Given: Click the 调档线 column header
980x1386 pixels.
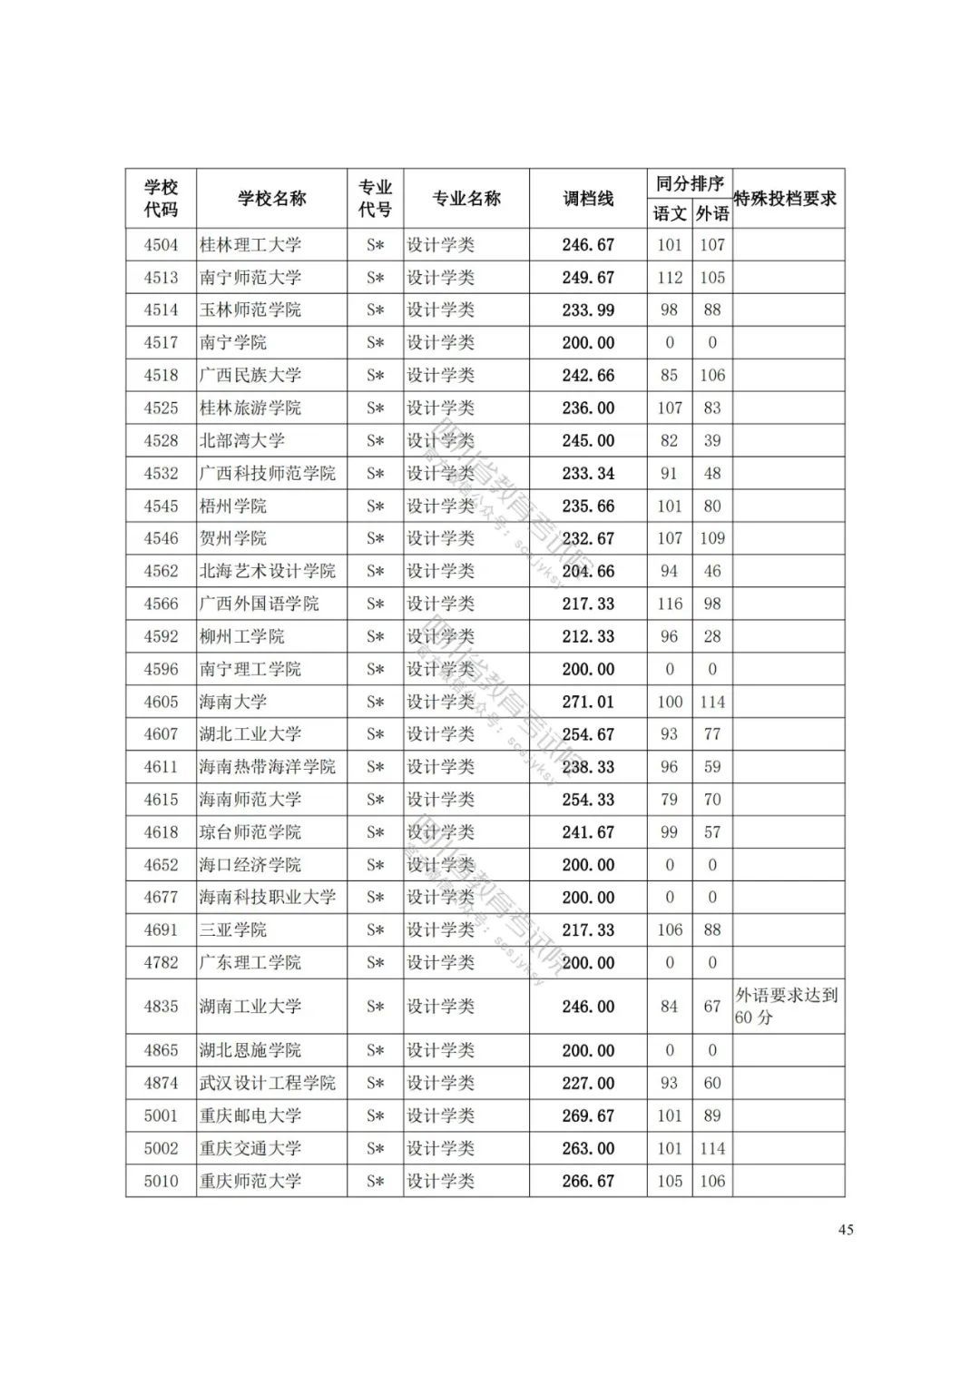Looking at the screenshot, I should point(588,199).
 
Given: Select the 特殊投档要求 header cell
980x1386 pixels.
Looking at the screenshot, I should point(786,199).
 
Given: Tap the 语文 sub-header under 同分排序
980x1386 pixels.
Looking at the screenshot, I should point(670,214).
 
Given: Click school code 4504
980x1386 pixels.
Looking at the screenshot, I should point(162,245).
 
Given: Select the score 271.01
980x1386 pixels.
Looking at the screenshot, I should point(588,702).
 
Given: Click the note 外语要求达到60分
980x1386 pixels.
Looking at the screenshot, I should point(786,1007).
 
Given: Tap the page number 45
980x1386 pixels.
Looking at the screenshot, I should point(846,1230).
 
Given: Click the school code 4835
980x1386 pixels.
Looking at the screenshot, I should point(162,1007).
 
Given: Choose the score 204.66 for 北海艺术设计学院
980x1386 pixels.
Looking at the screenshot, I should point(588,571).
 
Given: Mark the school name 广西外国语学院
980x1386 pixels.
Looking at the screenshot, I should point(260,604).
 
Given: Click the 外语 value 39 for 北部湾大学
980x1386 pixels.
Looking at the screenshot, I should point(712,440).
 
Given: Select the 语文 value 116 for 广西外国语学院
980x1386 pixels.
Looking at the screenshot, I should point(670,604).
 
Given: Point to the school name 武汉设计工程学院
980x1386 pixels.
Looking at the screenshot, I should point(268,1083).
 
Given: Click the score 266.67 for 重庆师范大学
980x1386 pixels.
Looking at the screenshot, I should point(588,1181).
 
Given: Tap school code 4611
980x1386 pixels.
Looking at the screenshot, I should point(162,767).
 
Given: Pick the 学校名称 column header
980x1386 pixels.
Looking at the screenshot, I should point(271,199).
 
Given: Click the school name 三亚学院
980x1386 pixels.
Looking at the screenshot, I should point(233,930).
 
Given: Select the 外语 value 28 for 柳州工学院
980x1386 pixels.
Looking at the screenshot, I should point(712,636).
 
